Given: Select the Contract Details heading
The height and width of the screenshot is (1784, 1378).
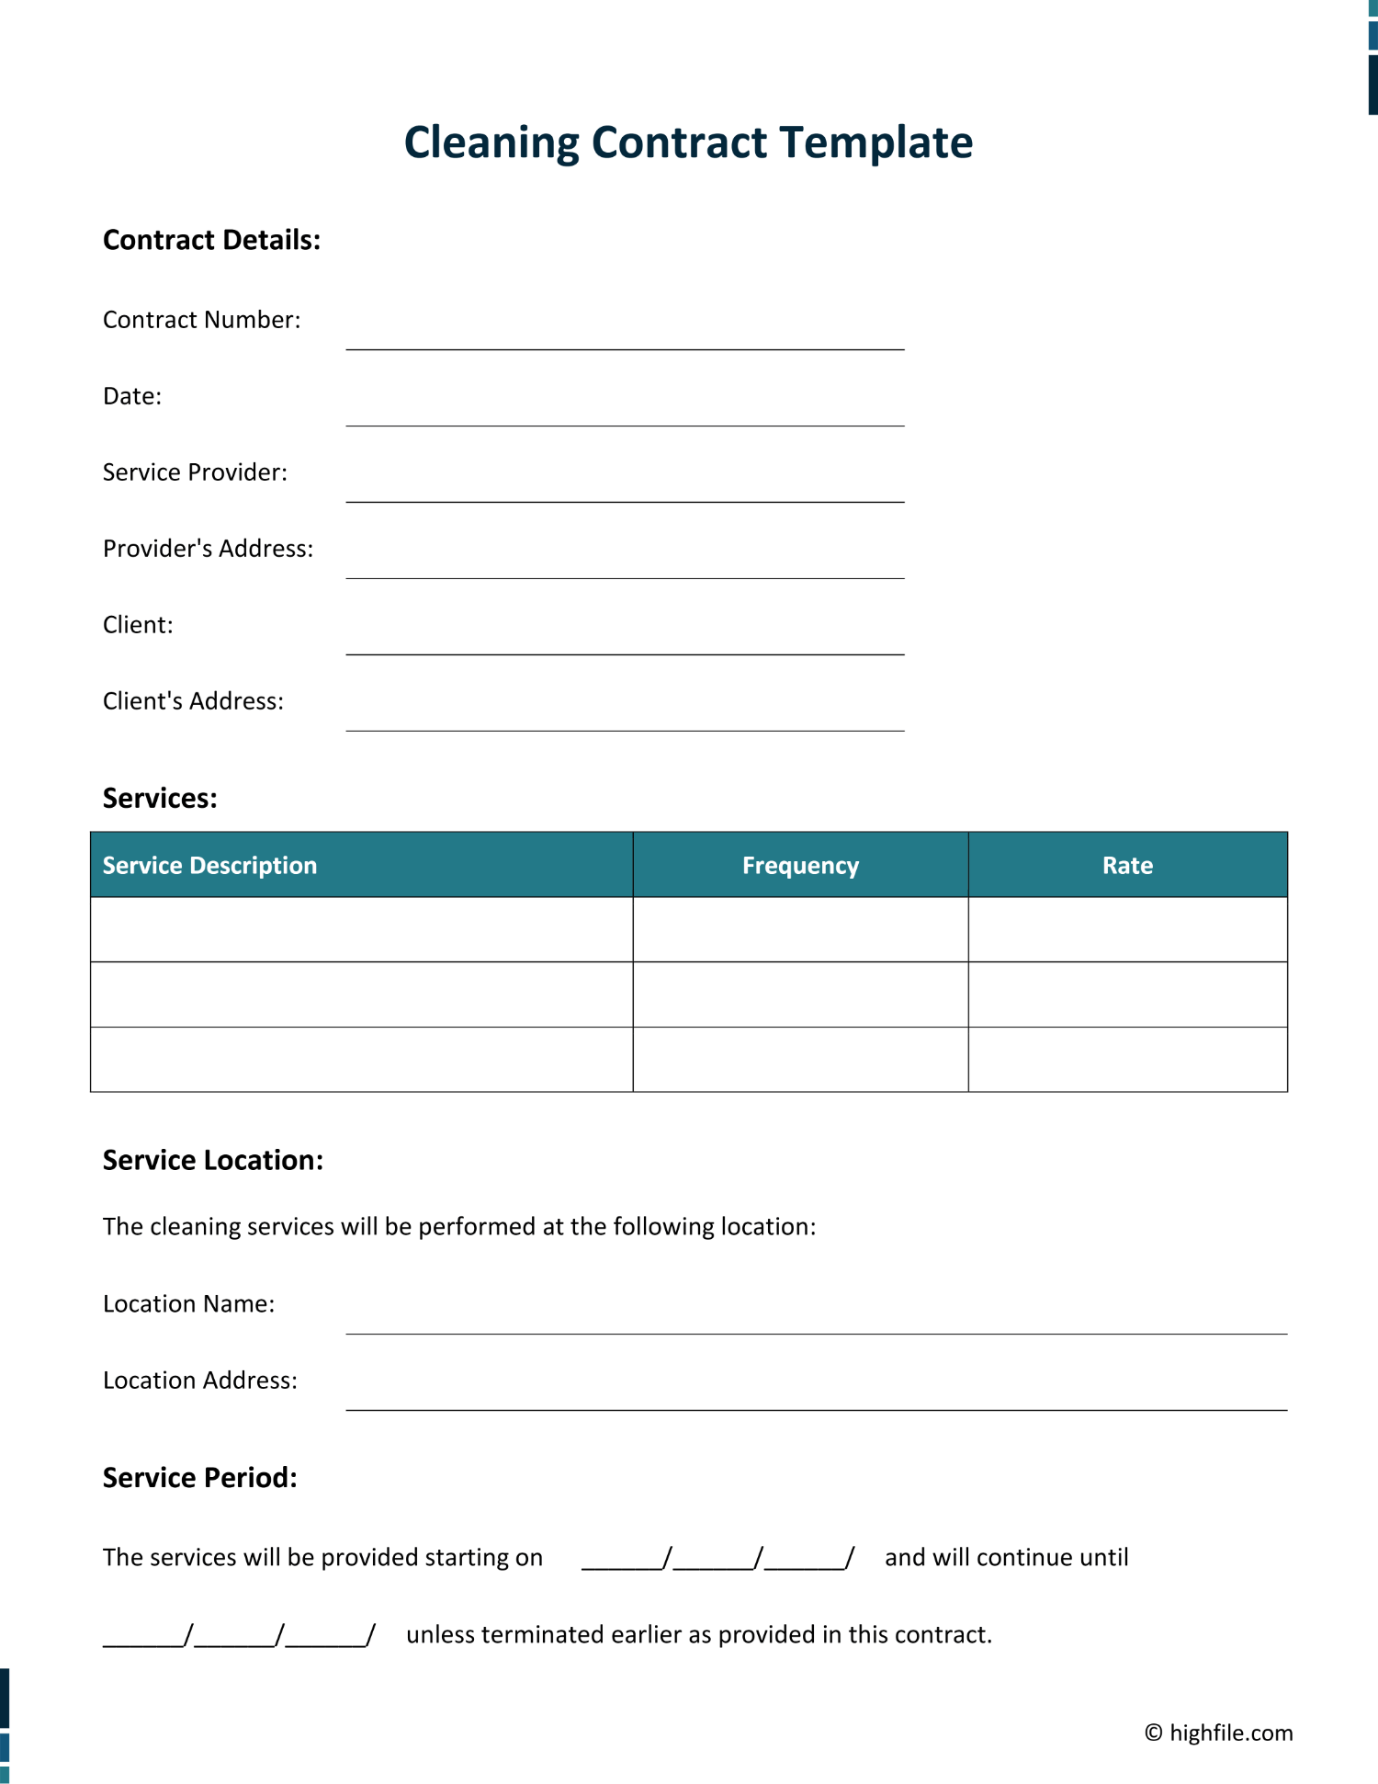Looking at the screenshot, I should (211, 240).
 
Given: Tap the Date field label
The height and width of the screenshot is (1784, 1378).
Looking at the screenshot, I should (132, 396).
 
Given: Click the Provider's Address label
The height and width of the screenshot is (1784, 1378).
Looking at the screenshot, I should (208, 549).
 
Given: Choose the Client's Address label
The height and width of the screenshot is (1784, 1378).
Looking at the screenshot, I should (193, 701).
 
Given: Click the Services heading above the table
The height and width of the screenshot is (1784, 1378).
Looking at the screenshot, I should (160, 798).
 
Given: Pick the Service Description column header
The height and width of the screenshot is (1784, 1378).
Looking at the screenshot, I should (209, 865).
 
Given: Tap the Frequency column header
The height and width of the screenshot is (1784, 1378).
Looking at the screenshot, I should (800, 865).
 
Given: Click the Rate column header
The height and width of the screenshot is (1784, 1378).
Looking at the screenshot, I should (1127, 865).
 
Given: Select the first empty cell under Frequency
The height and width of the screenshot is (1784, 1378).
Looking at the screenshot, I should (800, 929).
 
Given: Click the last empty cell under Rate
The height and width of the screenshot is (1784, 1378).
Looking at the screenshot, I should (1127, 1059).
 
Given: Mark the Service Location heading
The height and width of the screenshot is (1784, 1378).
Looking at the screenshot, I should (213, 1160).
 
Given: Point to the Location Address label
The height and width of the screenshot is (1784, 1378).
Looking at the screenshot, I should (200, 1381).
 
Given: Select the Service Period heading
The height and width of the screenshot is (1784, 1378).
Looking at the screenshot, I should (200, 1477).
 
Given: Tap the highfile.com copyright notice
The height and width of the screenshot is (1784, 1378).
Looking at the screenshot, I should (1218, 1733).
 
